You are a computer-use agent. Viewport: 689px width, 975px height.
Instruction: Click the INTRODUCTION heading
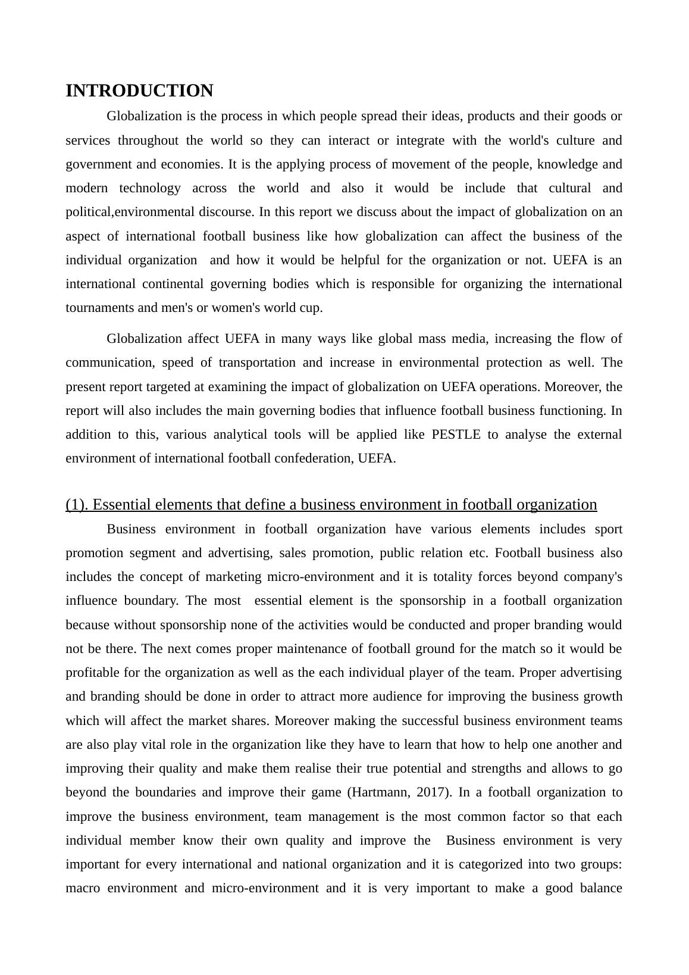tap(139, 91)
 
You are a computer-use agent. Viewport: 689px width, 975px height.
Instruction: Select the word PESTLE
tap(456, 435)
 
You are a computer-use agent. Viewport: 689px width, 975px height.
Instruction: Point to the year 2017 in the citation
tap(436, 792)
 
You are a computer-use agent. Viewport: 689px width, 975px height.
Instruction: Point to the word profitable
tap(92, 673)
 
